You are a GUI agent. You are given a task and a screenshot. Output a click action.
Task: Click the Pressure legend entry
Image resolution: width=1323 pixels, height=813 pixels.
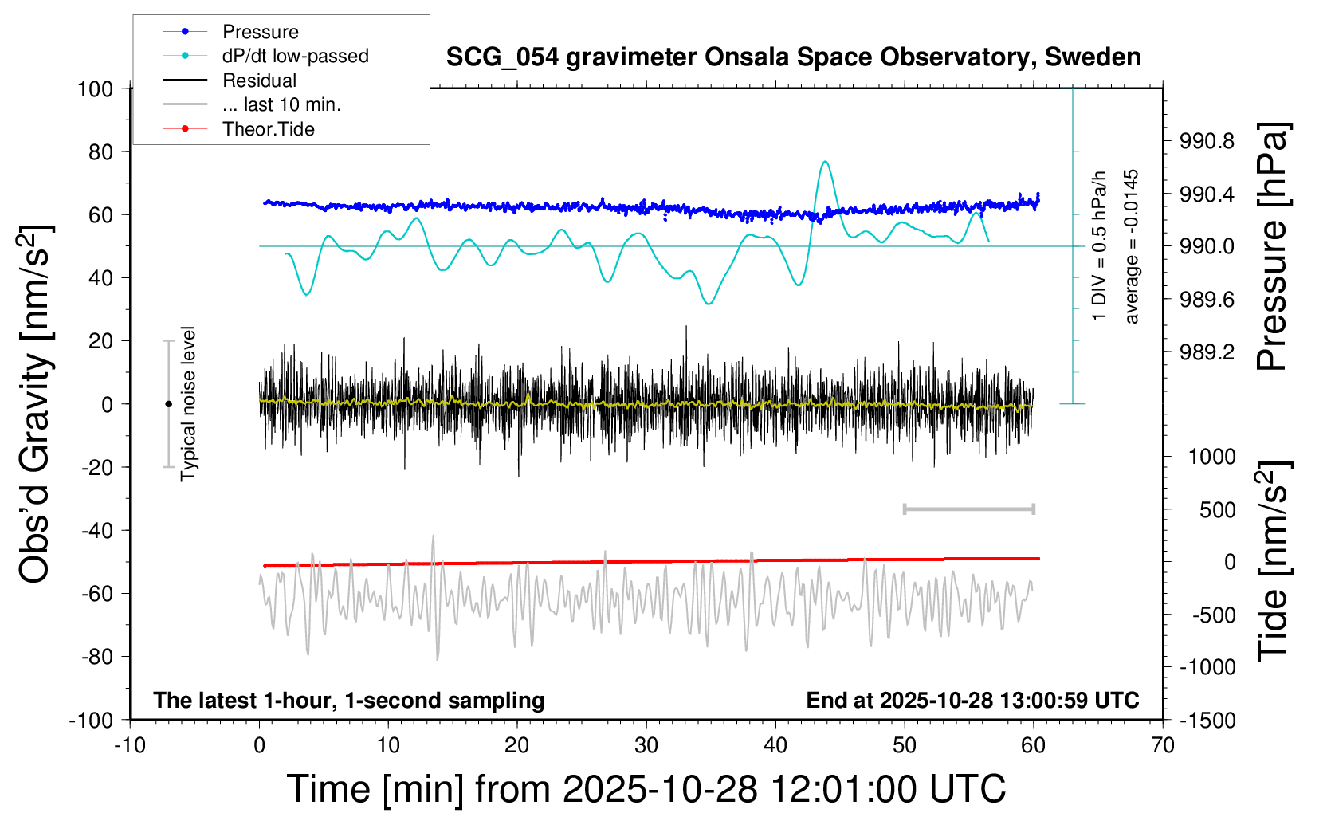click(x=260, y=32)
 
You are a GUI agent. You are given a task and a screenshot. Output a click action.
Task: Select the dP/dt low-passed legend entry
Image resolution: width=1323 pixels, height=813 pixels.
click(x=295, y=56)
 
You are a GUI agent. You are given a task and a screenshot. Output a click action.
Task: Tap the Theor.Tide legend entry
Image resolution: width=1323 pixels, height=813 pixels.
click(x=268, y=129)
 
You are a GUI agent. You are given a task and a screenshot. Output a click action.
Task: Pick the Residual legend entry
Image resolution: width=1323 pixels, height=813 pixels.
click(x=259, y=81)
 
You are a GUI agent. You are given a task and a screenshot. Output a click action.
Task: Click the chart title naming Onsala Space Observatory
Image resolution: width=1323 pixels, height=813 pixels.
click(x=793, y=57)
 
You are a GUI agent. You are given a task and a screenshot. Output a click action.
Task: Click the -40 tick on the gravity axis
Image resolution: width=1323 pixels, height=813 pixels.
click(x=96, y=530)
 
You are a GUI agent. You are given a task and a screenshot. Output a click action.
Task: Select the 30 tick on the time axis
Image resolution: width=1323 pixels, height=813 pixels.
click(x=646, y=746)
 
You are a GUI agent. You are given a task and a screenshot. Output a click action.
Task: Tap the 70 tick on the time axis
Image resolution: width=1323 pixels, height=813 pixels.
click(x=1163, y=746)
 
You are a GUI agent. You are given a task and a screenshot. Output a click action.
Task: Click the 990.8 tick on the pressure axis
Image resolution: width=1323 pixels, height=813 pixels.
click(x=1207, y=142)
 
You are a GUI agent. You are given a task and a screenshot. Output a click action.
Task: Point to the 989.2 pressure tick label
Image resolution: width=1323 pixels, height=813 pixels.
click(x=1207, y=352)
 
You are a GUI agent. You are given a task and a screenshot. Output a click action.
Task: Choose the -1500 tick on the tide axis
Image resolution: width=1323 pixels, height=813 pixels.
click(x=1207, y=721)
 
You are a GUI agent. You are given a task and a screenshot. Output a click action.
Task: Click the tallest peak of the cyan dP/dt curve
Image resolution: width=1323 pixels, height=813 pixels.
click(x=825, y=163)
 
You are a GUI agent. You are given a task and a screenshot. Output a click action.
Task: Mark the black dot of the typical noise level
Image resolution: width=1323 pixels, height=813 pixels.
click(x=168, y=404)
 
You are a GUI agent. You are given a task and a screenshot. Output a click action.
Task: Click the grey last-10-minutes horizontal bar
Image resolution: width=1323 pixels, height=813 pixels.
click(x=968, y=509)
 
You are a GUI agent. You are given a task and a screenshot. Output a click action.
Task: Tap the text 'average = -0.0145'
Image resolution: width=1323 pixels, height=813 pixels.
click(x=1132, y=246)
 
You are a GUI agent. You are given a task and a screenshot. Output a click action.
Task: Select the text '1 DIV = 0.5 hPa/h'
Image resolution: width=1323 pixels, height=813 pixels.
click(x=1100, y=246)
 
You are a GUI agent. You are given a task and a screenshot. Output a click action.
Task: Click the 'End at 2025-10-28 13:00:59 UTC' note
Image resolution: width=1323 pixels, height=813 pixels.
click(x=972, y=700)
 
